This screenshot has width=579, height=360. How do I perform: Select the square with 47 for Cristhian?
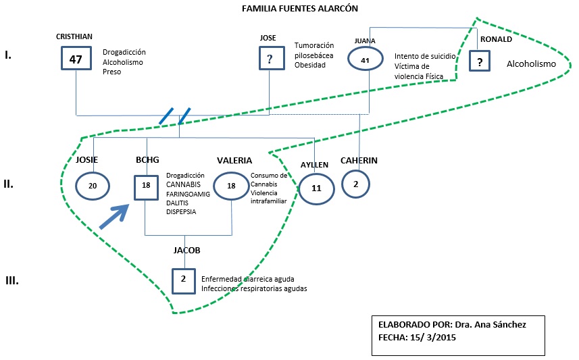pyautogui.click(x=76, y=59)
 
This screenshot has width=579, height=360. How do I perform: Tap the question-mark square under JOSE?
pyautogui.click(x=270, y=59)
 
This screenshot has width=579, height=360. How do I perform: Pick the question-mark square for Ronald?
pyautogui.click(x=480, y=63)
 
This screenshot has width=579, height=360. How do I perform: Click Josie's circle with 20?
pyautogui.click(x=93, y=187)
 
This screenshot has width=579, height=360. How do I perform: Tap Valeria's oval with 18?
pyautogui.click(x=232, y=186)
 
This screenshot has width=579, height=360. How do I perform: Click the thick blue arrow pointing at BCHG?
pyautogui.click(x=113, y=217)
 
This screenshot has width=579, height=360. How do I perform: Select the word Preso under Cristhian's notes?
pyautogui.click(x=112, y=72)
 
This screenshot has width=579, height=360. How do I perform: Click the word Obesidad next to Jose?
pyautogui.click(x=309, y=65)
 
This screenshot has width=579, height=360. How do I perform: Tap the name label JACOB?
pyautogui.click(x=187, y=250)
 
